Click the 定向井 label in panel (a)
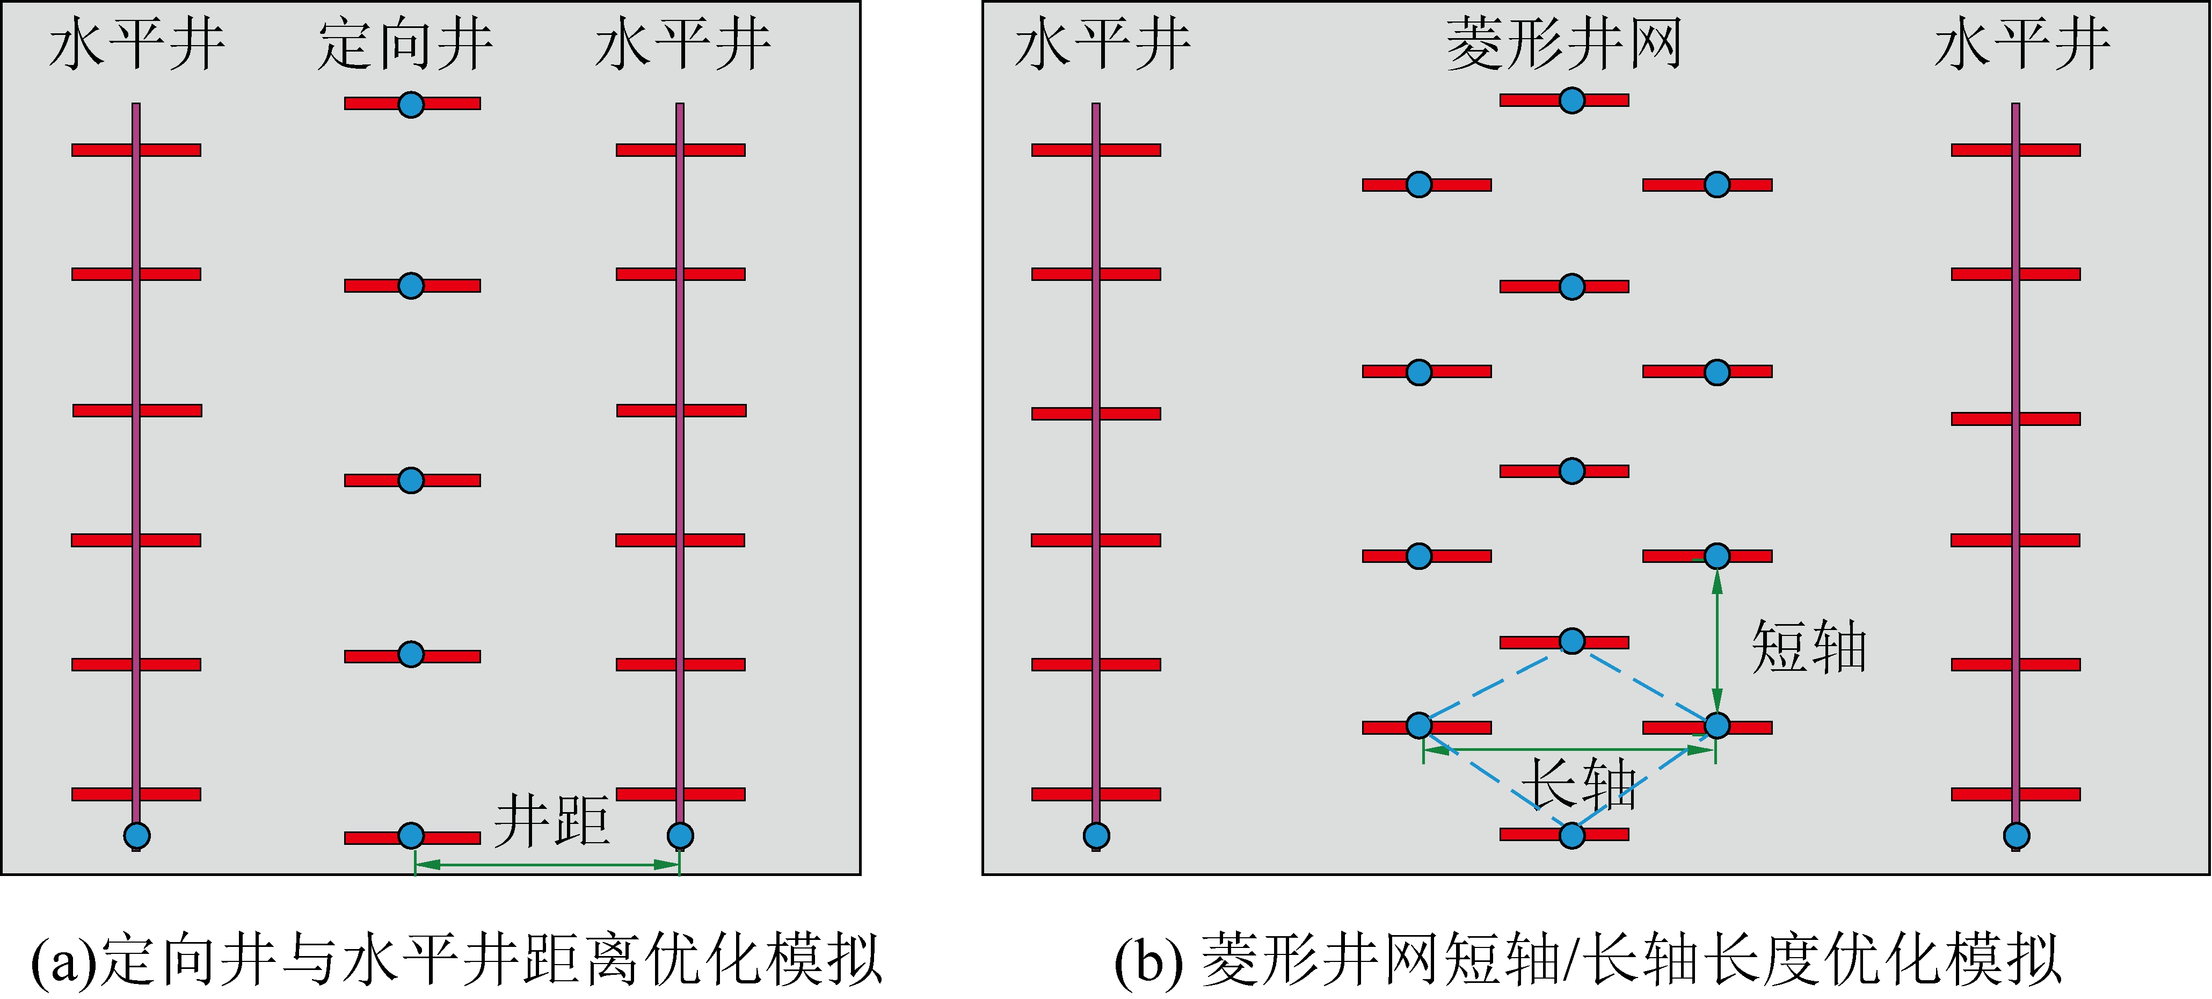(x=405, y=45)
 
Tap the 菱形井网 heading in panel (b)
(x=1563, y=45)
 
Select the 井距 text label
(x=552, y=820)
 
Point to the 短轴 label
(x=1808, y=646)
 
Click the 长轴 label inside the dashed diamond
(x=1578, y=784)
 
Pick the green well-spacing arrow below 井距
(x=547, y=864)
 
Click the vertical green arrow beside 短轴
(x=1716, y=640)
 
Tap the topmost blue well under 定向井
(x=411, y=104)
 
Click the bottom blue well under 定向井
(x=411, y=835)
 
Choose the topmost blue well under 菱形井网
(x=1571, y=100)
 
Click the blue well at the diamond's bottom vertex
(x=1571, y=835)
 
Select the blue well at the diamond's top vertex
(x=1571, y=641)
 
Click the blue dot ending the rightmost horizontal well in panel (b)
(x=2016, y=835)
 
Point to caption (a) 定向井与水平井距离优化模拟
(x=457, y=959)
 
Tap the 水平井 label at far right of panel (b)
(x=2022, y=45)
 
